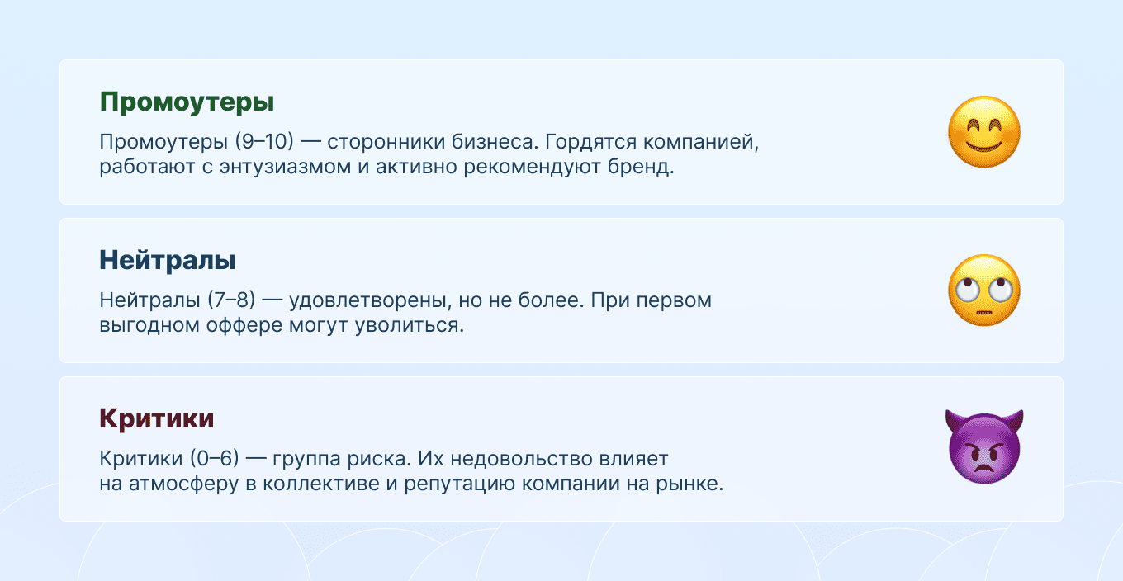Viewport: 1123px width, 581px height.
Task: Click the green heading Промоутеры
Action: (187, 102)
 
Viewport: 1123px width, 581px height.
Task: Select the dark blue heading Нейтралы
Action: (168, 261)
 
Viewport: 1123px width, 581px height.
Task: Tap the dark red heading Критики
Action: (157, 418)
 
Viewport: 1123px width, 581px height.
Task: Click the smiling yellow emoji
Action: (983, 133)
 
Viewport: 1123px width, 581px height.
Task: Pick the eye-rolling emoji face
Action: (983, 290)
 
